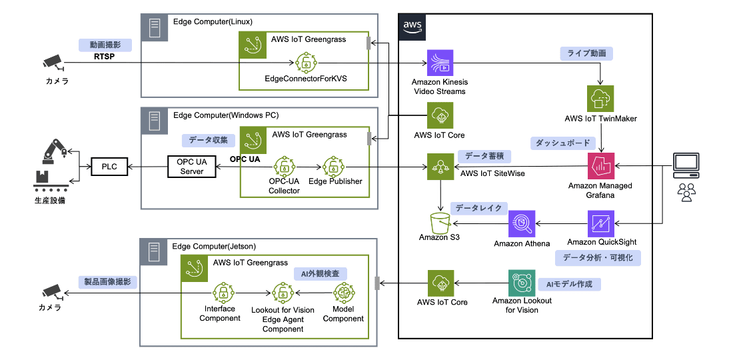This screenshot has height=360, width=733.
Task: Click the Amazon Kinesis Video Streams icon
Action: tap(439, 64)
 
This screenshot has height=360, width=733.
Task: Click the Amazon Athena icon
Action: tap(522, 224)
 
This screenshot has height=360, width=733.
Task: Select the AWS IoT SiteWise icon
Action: tap(439, 167)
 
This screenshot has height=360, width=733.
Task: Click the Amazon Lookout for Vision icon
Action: tap(522, 283)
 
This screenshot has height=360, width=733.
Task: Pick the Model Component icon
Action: tap(343, 293)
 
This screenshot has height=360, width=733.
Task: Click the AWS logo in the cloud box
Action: tap(412, 26)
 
